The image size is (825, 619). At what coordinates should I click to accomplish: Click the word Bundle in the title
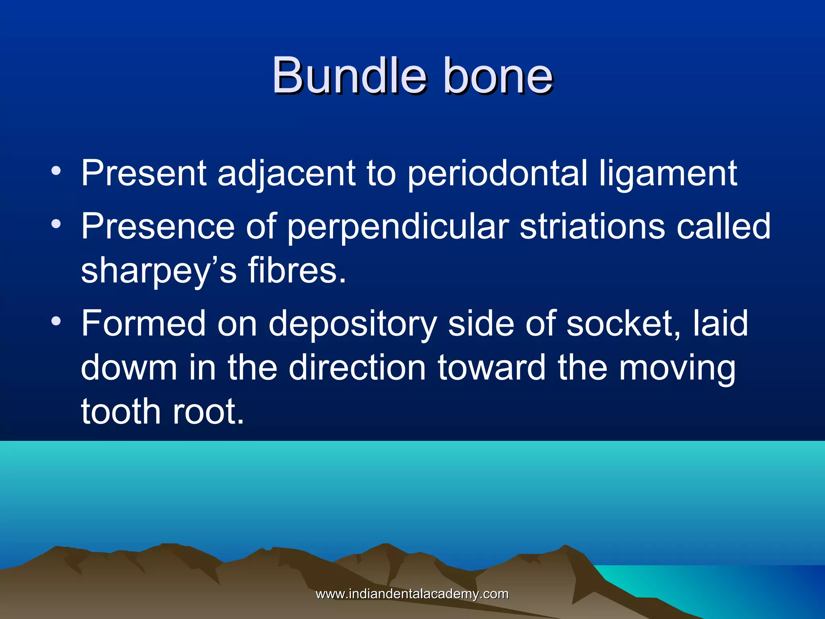tap(349, 75)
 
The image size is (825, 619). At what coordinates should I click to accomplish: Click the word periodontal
tap(498, 174)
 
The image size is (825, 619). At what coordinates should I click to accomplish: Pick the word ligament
tap(668, 174)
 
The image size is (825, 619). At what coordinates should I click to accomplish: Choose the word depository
tap(352, 324)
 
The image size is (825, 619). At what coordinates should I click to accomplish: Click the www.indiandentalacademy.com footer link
tap(412, 594)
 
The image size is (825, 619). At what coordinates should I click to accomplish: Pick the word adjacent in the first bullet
tap(286, 174)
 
